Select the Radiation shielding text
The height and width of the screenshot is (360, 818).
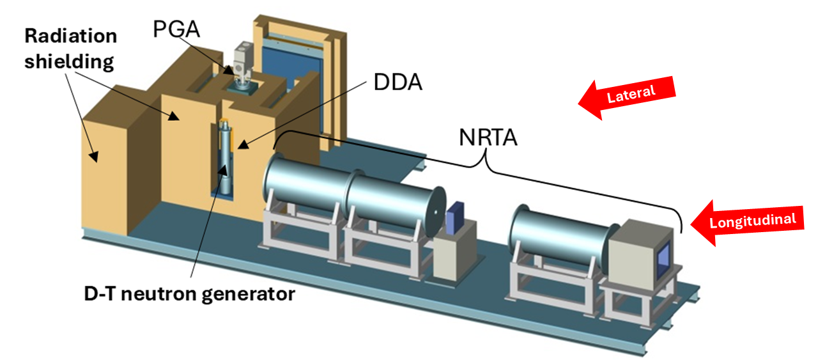point(70,49)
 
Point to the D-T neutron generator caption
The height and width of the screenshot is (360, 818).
point(189,295)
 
